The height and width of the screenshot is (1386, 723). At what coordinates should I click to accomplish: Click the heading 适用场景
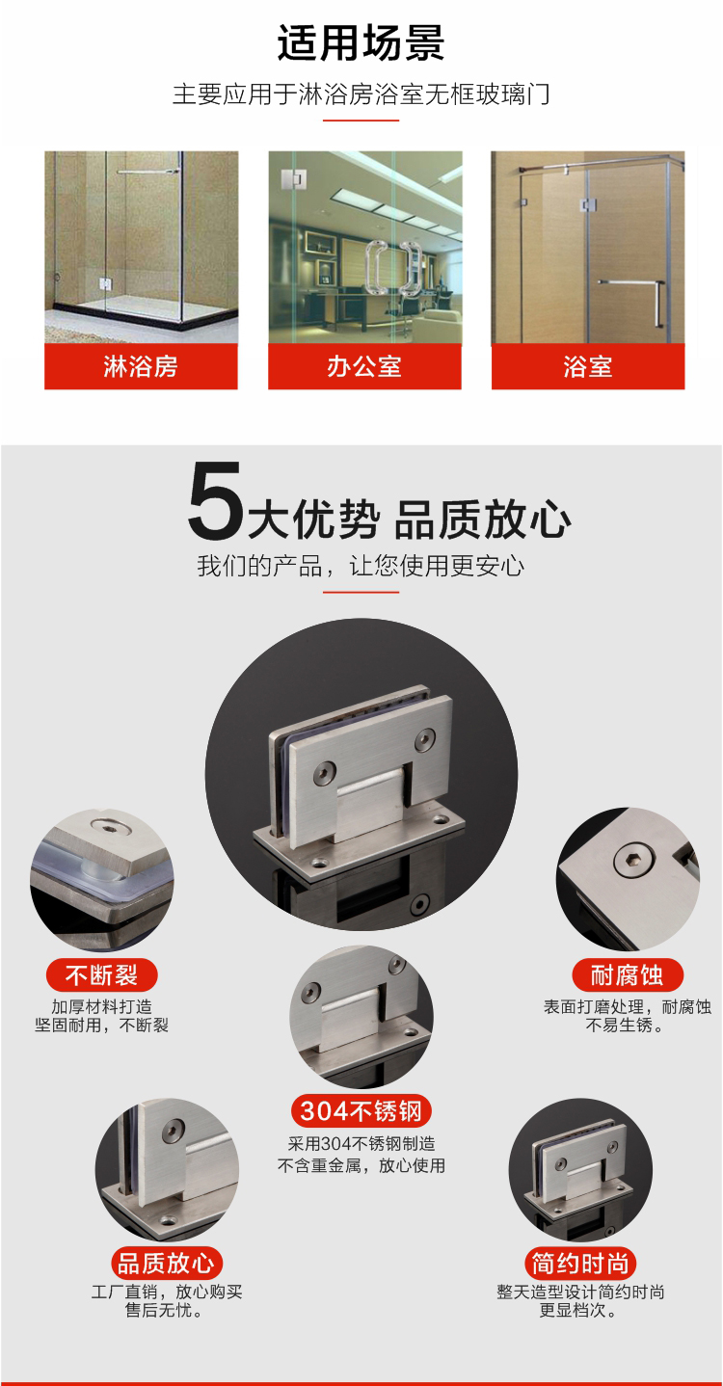[x=361, y=42]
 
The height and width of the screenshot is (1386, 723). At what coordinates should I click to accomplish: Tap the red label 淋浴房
[x=141, y=366]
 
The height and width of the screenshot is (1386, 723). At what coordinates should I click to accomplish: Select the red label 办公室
[x=364, y=366]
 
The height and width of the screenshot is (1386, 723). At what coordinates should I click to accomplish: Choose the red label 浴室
[x=588, y=366]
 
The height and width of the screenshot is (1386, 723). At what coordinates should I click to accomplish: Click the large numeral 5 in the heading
[x=215, y=500]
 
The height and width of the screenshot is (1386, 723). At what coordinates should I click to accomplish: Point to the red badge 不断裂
[x=101, y=975]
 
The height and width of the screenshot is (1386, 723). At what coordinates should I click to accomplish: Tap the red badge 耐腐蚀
[x=628, y=975]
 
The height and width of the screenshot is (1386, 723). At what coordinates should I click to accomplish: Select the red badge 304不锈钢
[x=361, y=1111]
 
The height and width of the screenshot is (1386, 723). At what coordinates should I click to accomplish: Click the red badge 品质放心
[x=167, y=1264]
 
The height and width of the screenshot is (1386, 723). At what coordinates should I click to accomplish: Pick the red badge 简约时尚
[x=580, y=1264]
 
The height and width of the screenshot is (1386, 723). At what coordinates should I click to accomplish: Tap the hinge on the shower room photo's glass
[x=105, y=284]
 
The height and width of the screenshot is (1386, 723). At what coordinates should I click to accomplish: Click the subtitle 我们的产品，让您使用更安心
[x=361, y=566]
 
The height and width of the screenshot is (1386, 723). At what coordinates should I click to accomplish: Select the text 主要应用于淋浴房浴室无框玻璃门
[x=361, y=94]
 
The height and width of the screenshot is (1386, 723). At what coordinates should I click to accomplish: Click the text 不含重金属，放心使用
[x=361, y=1165]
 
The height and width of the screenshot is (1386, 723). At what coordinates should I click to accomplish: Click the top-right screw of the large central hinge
[x=424, y=739]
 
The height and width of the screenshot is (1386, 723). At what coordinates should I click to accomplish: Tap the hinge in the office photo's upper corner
[x=293, y=179]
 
